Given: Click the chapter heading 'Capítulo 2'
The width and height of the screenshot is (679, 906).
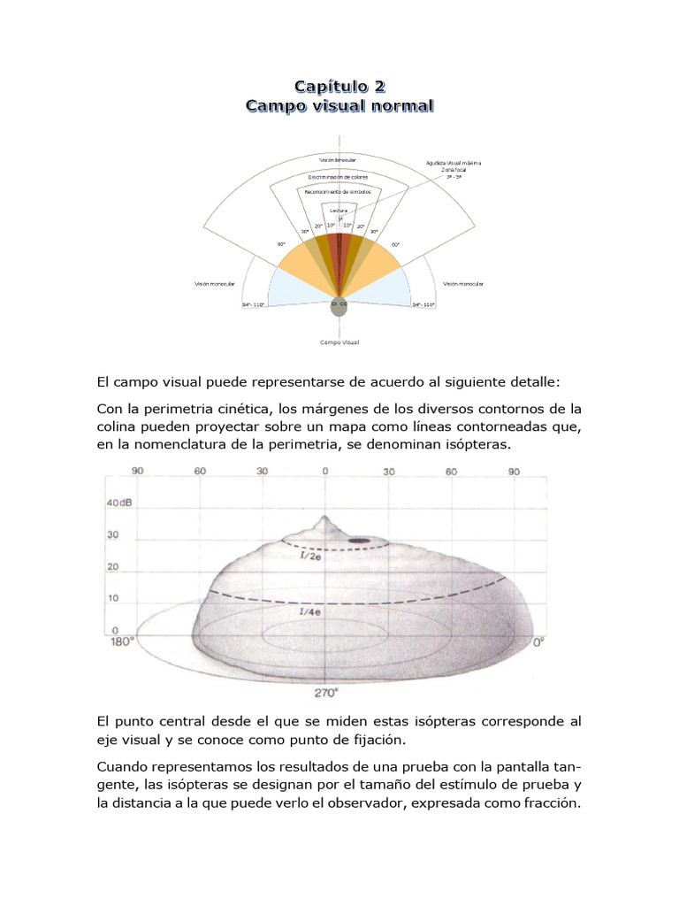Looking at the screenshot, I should tap(339, 86).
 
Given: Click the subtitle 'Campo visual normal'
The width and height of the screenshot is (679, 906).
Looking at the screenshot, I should tap(339, 106).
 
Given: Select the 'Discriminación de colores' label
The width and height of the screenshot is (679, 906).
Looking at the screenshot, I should tap(339, 177).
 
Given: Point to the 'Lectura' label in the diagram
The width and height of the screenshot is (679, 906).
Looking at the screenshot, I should tap(339, 211).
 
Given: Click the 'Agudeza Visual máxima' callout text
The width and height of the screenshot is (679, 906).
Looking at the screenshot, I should tap(454, 164).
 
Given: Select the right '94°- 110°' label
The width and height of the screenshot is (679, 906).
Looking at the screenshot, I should tap(423, 304).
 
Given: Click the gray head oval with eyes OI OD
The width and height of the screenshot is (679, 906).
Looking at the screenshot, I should tap(339, 305).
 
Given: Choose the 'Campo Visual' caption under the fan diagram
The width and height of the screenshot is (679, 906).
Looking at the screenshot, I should tap(339, 342).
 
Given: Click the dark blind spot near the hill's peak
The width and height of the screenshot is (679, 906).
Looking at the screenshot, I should tap(359, 540).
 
